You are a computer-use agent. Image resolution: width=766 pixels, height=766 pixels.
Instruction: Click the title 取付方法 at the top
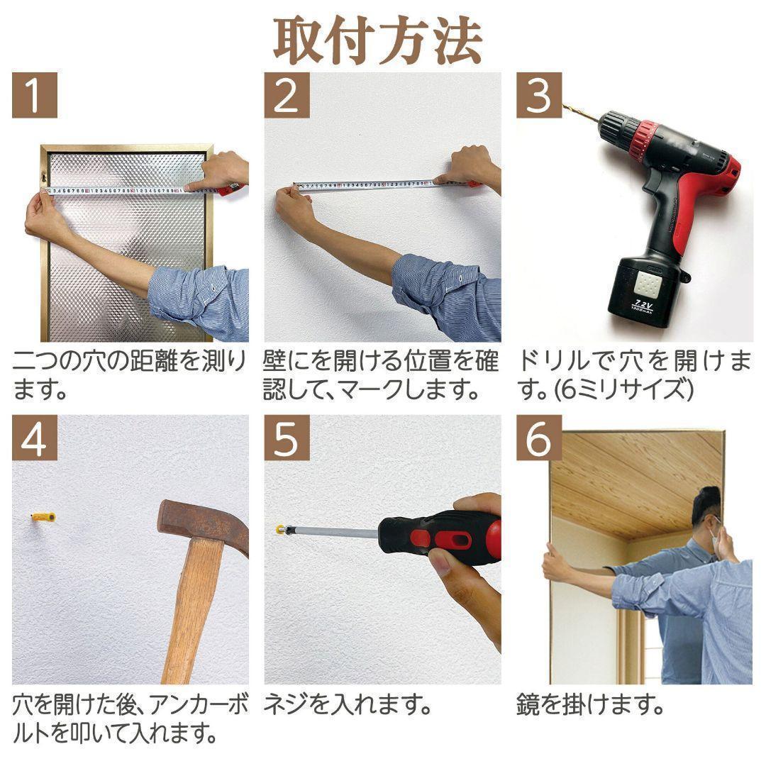tap(378, 40)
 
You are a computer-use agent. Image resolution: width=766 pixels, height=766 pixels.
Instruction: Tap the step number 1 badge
tap(34, 96)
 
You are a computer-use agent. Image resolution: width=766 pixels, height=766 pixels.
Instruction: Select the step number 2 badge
tap(287, 96)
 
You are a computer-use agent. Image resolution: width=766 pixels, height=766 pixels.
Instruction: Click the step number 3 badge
tap(538, 96)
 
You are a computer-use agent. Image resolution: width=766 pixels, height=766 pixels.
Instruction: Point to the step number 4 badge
tap(34, 439)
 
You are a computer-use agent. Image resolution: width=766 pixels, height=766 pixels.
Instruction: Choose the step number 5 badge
tap(287, 439)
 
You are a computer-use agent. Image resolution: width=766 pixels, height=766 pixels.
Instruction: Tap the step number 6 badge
tap(538, 439)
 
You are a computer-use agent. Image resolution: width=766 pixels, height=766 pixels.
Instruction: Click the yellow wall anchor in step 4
tap(43, 517)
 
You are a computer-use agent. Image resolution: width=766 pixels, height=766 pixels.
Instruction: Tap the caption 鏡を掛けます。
tap(590, 706)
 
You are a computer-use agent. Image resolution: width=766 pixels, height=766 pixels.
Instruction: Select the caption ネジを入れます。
tap(348, 706)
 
